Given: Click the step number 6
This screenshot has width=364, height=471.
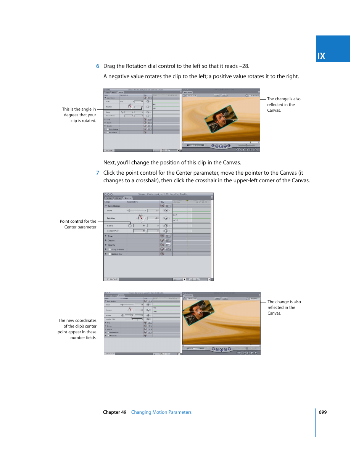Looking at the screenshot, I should [x=98, y=66].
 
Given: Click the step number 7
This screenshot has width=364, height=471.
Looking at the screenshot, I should [x=98, y=173].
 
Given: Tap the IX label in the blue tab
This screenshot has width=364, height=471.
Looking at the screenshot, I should [x=321, y=56].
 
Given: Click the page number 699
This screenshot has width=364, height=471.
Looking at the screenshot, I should [x=322, y=412].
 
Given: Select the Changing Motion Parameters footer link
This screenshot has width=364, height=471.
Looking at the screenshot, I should [x=161, y=412].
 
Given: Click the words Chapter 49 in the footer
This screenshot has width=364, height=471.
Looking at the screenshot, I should [x=114, y=412].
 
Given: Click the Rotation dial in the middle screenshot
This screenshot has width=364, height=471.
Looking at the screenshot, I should [x=140, y=218].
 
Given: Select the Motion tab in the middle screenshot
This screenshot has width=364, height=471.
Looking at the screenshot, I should [x=128, y=198].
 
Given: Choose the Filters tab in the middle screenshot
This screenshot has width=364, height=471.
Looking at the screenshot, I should [x=118, y=198].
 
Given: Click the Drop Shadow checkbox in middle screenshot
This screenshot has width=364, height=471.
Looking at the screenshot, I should [x=110, y=249].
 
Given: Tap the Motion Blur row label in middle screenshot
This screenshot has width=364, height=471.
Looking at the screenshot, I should [x=117, y=254].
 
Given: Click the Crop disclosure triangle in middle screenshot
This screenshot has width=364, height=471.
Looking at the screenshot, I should [x=106, y=236].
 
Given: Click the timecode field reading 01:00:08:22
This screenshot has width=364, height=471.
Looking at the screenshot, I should [x=113, y=279].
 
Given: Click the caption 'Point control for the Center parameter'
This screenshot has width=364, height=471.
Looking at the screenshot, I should [x=78, y=224].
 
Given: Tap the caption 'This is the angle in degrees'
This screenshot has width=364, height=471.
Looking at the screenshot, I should [x=79, y=115].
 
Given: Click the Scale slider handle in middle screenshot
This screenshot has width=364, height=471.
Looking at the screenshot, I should [x=129, y=211].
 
